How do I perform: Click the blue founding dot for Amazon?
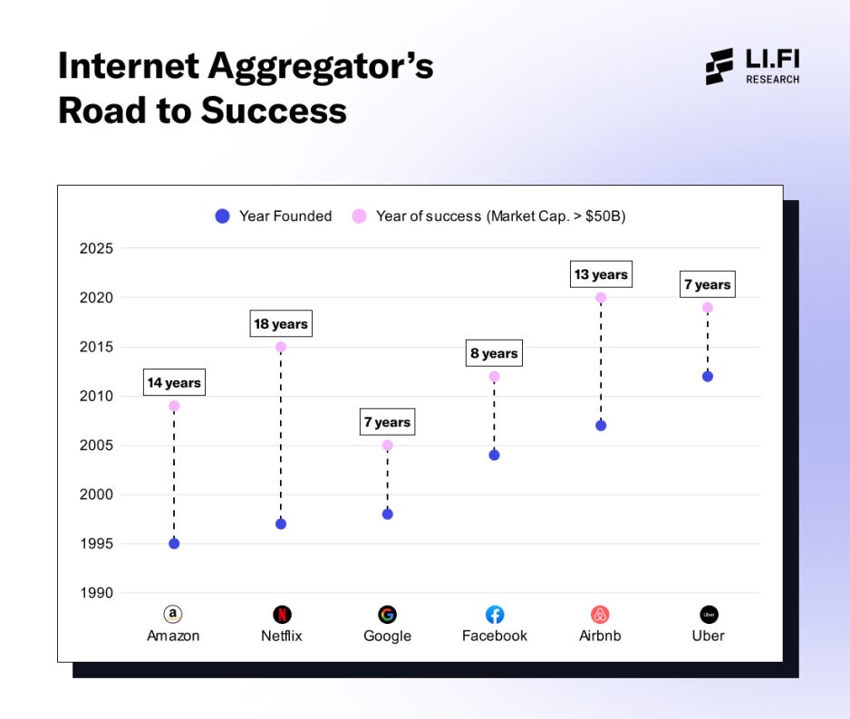174,543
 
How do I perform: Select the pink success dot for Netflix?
281,347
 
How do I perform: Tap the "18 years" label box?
281,323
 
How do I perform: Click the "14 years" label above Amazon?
174,383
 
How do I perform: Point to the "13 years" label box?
600,274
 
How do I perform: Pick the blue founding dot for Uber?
708,376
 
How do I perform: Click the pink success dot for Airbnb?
601,298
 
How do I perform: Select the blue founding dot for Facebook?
494,455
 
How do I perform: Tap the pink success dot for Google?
388,446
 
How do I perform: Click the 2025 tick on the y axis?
96,248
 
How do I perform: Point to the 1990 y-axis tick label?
96,593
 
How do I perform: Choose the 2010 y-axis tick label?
96,396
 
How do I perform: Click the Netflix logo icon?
282,615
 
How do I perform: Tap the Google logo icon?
388,615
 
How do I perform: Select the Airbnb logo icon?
600,615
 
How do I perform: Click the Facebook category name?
494,636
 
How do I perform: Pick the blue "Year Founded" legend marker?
222,216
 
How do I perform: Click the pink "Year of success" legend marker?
359,216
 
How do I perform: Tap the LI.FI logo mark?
720,67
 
